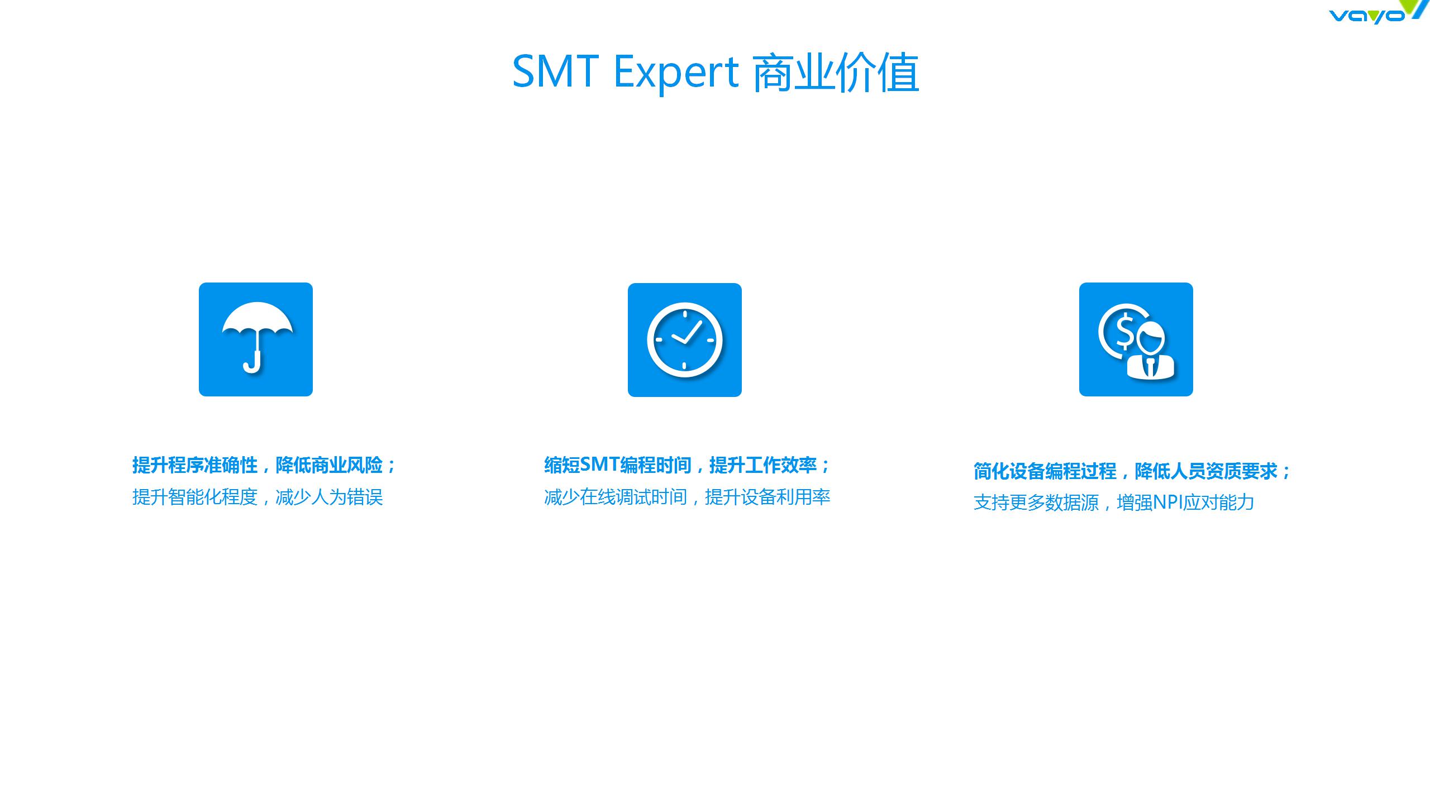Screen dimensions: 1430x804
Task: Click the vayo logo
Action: (x=1377, y=12)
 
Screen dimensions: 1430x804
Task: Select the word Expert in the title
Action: (x=676, y=74)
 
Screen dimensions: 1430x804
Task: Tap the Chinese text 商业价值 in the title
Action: (x=836, y=73)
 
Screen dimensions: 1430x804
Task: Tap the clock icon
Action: (x=685, y=340)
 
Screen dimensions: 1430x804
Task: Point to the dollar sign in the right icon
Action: (x=1124, y=330)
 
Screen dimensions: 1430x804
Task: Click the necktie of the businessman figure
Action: (x=1150, y=367)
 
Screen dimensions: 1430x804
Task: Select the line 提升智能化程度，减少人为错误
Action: (x=258, y=497)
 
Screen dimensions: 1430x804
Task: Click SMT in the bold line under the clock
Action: (x=599, y=465)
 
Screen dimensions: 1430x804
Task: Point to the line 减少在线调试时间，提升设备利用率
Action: (x=687, y=497)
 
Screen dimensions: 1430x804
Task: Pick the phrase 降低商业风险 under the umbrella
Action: (x=330, y=465)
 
